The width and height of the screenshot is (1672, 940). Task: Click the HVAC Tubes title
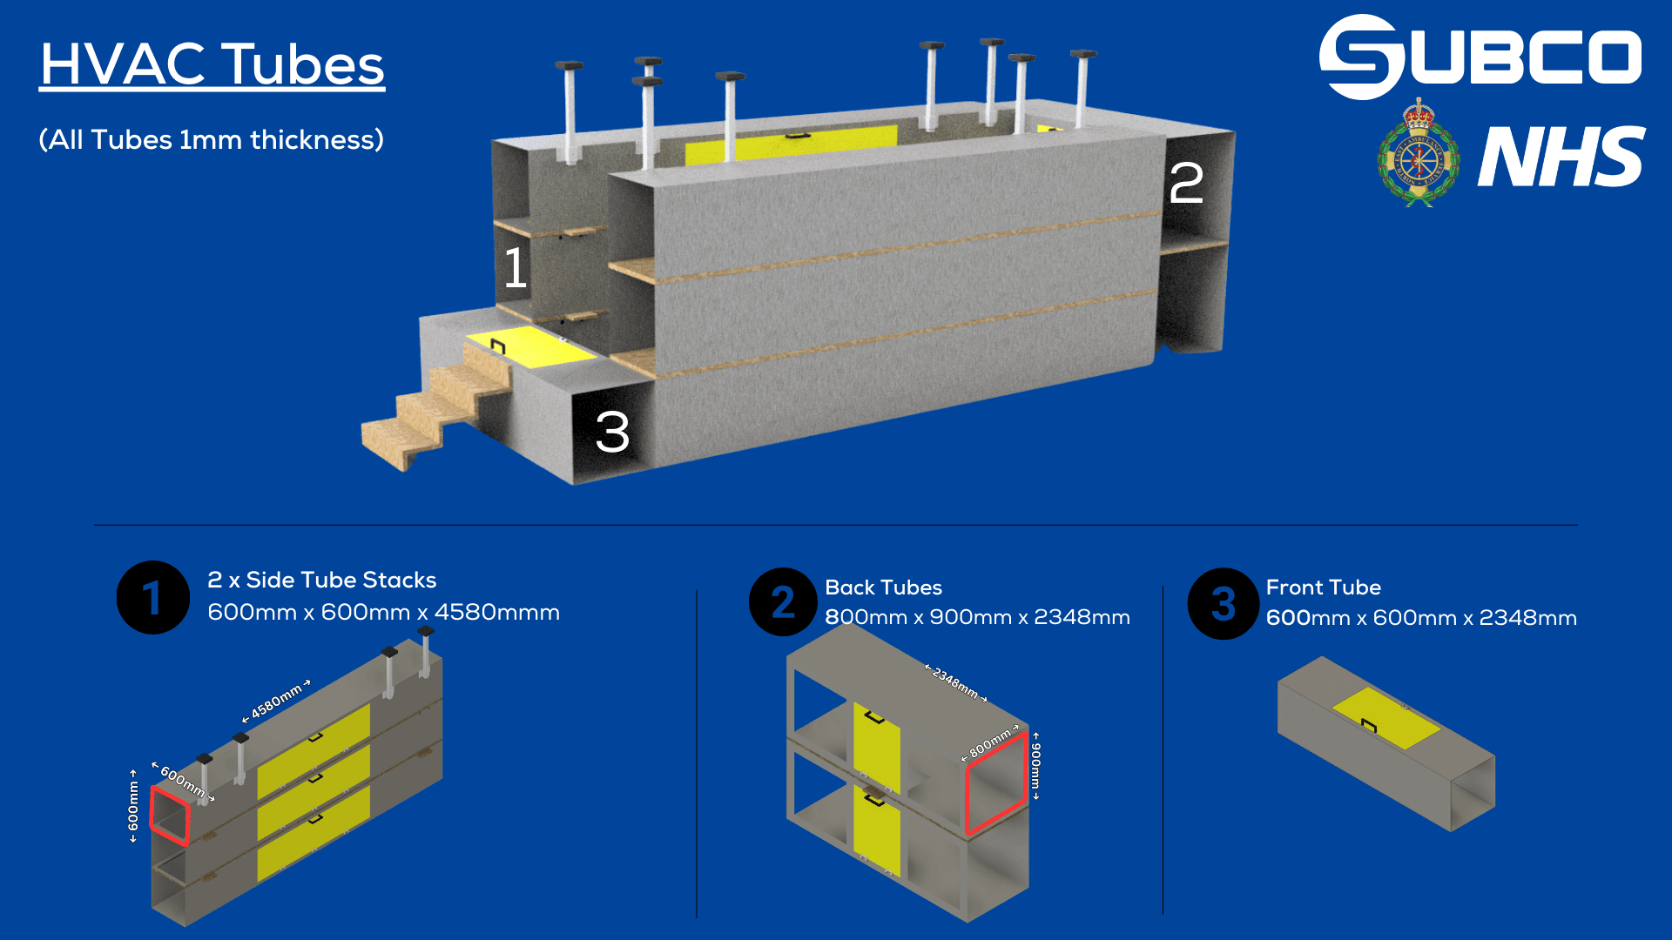point(212,65)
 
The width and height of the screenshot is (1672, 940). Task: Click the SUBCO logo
point(1480,57)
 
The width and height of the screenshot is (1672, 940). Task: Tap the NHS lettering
point(1561,157)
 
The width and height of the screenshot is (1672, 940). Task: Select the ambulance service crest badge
point(1418,155)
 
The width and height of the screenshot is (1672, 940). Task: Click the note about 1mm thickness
point(212,140)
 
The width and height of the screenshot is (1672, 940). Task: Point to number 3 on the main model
point(612,432)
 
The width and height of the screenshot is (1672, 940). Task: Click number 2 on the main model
point(1186,184)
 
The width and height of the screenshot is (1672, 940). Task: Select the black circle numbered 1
point(152,598)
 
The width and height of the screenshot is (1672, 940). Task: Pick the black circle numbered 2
point(782,601)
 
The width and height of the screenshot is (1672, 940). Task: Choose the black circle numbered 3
point(1223,604)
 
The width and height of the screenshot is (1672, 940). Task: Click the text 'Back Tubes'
point(883,587)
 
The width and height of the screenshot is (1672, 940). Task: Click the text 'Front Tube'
point(1323,587)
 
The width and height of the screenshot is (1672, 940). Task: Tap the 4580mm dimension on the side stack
point(277,701)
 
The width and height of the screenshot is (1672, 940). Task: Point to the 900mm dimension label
point(1035,765)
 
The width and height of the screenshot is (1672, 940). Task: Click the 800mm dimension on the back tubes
point(990,742)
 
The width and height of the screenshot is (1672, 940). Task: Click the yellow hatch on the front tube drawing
point(1386,718)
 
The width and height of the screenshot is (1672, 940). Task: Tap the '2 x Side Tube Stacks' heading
point(321,580)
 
